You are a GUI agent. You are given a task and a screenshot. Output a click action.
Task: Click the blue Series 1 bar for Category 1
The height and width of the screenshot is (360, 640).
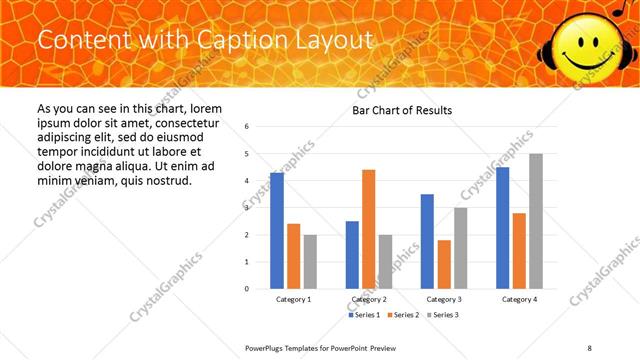pyautogui.click(x=277, y=231)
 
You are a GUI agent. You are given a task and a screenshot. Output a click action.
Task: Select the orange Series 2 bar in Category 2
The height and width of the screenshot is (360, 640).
pyautogui.click(x=368, y=229)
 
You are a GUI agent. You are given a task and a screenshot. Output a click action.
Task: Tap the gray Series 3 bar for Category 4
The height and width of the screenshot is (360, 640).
pyautogui.click(x=536, y=221)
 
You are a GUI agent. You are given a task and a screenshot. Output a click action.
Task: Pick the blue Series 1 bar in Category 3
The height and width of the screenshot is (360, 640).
pyautogui.click(x=428, y=241)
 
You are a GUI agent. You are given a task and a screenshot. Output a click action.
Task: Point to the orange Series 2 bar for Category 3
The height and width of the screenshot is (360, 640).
pyautogui.click(x=444, y=264)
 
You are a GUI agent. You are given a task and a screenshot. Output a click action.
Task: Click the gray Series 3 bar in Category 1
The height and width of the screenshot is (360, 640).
pyautogui.click(x=310, y=262)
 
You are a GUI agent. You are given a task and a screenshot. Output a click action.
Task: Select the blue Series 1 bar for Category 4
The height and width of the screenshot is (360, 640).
pyautogui.click(x=503, y=228)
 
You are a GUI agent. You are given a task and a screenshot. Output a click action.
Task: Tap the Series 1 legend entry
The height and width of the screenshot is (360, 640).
pyautogui.click(x=365, y=315)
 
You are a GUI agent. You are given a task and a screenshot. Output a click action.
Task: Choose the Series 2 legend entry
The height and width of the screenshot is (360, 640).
pyautogui.click(x=403, y=315)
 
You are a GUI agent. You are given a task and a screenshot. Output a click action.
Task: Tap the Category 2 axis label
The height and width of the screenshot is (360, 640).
pyautogui.click(x=369, y=299)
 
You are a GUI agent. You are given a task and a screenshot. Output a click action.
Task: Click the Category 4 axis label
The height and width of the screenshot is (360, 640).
pyautogui.click(x=519, y=299)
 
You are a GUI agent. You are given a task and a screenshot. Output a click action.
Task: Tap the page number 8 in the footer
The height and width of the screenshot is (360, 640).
pyautogui.click(x=590, y=347)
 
